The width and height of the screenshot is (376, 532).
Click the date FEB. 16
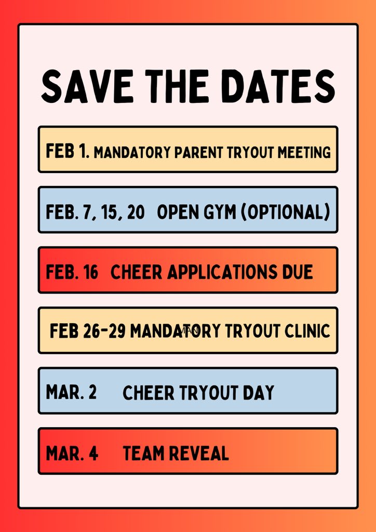pyautogui.click(x=72, y=272)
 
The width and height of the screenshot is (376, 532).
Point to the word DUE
pyautogui.click(x=296, y=272)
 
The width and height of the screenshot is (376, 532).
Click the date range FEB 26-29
pyautogui.click(x=87, y=331)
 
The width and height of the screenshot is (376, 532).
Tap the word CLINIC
pyautogui.click(x=304, y=331)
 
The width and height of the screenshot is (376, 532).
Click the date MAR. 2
pyautogui.click(x=71, y=392)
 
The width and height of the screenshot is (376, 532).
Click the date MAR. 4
pyautogui.click(x=72, y=453)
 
